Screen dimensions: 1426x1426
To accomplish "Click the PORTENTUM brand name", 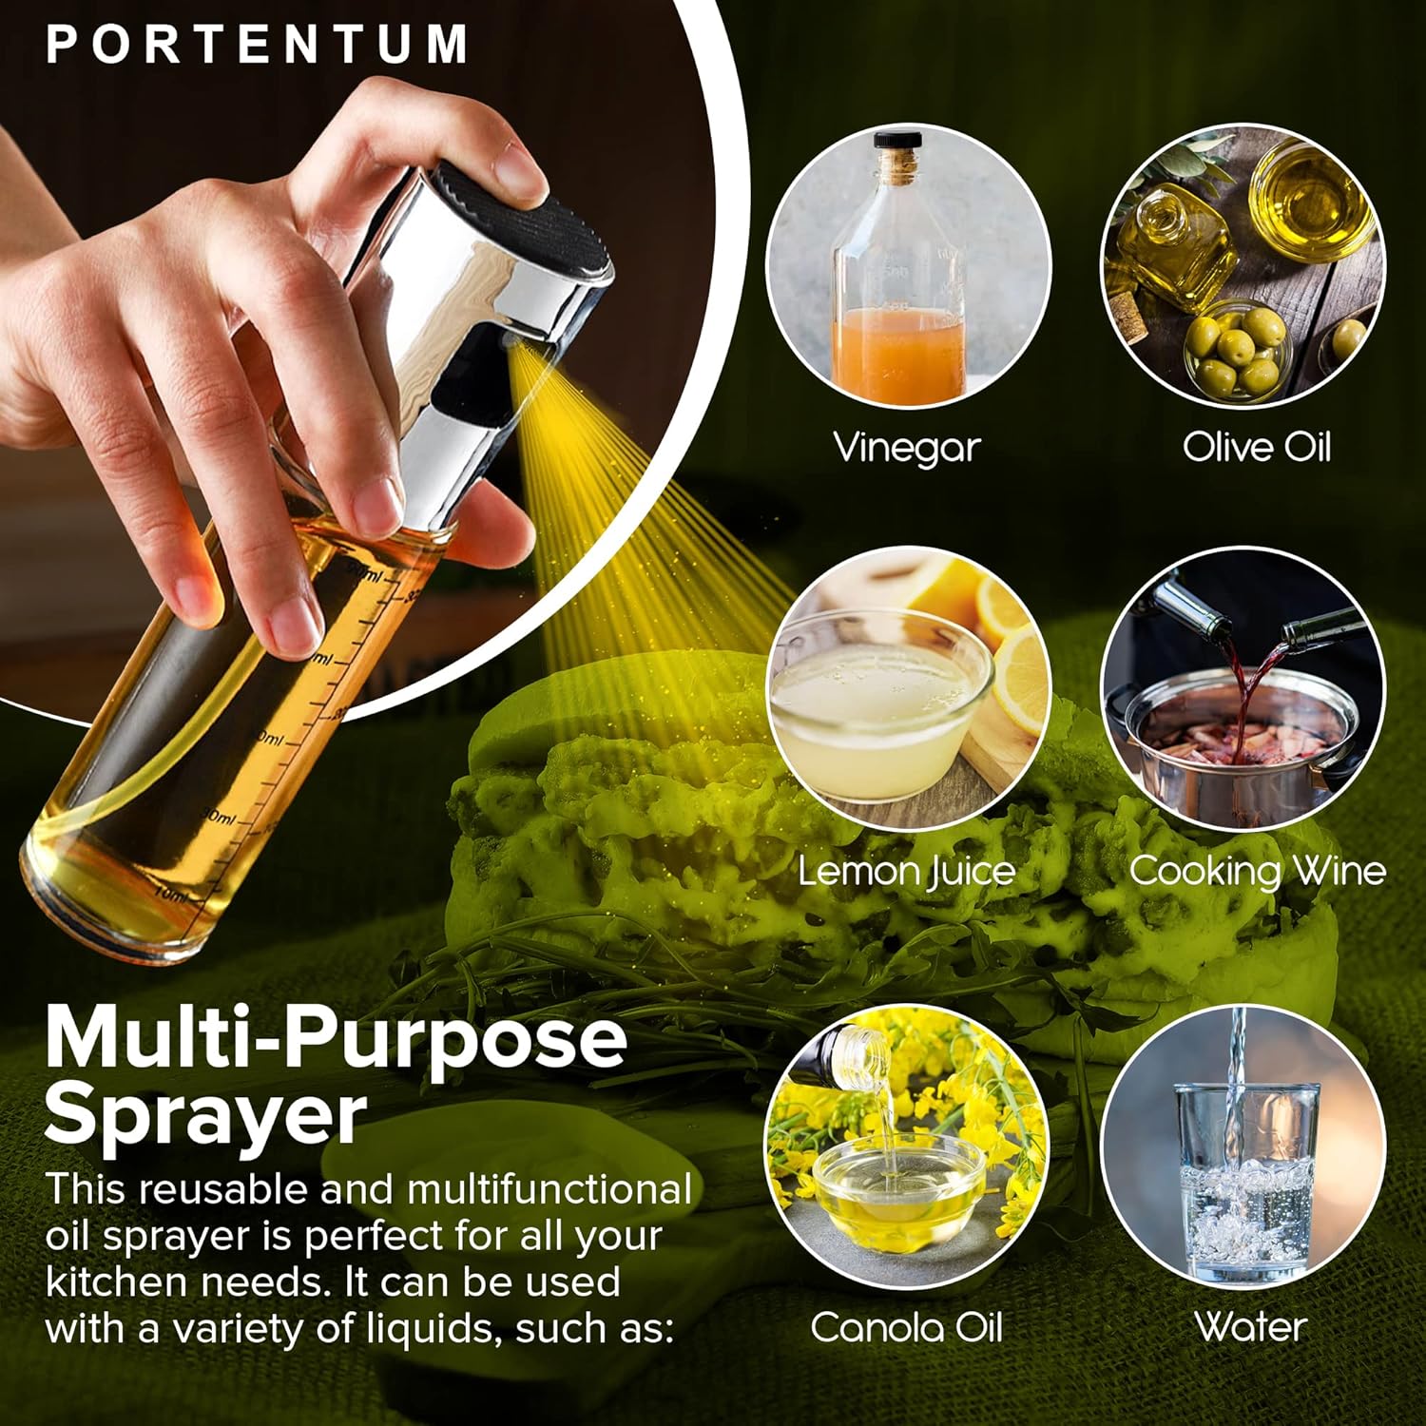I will point(257,44).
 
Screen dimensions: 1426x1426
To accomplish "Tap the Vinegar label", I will point(906,447).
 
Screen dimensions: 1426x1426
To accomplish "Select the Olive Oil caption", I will point(1256,447).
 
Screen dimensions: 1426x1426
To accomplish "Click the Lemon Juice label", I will point(906,871).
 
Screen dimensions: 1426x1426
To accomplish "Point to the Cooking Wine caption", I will point(1257,871).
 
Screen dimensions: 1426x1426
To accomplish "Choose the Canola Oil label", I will point(906,1327).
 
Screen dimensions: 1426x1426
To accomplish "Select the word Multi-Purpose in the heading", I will point(336,1038).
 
